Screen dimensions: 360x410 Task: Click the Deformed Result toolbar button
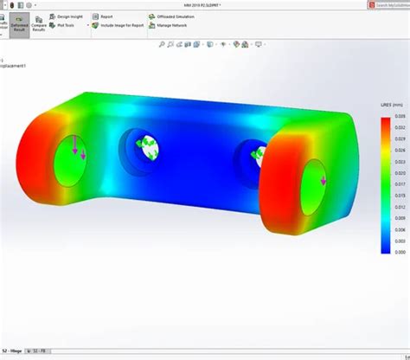(x=21, y=22)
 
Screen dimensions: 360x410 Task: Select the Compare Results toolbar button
(x=40, y=22)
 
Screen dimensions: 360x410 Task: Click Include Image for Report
(x=121, y=25)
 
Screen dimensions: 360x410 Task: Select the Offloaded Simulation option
(x=177, y=16)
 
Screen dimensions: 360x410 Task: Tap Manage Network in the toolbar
(x=173, y=25)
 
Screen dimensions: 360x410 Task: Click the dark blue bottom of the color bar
(x=385, y=247)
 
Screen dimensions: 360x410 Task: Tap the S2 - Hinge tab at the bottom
(x=13, y=351)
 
